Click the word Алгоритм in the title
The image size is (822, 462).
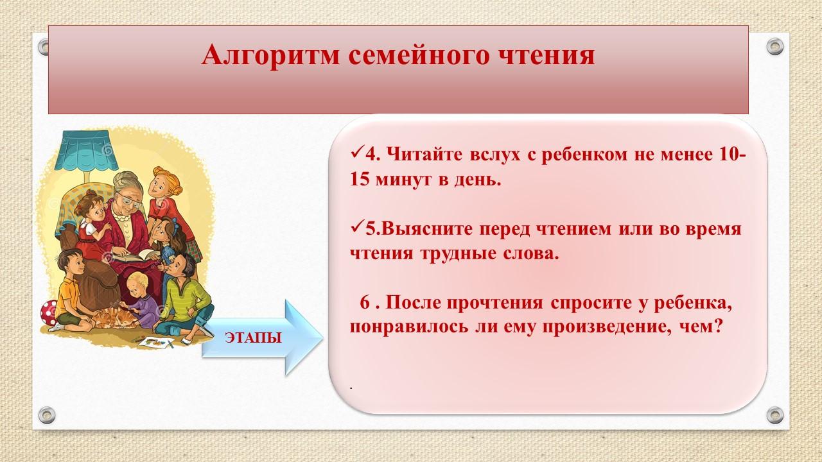[x=270, y=56]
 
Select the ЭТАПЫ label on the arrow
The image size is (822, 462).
[x=254, y=338]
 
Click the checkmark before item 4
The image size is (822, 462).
[x=356, y=152]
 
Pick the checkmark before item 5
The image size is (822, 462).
[x=356, y=227]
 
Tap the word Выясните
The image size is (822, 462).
[x=427, y=229]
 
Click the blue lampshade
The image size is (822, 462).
[x=86, y=150]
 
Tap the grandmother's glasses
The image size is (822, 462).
[x=130, y=200]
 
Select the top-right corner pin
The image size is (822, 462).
[x=774, y=47]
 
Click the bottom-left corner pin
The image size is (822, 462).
[x=47, y=415]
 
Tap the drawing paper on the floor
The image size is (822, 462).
[x=156, y=343]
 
